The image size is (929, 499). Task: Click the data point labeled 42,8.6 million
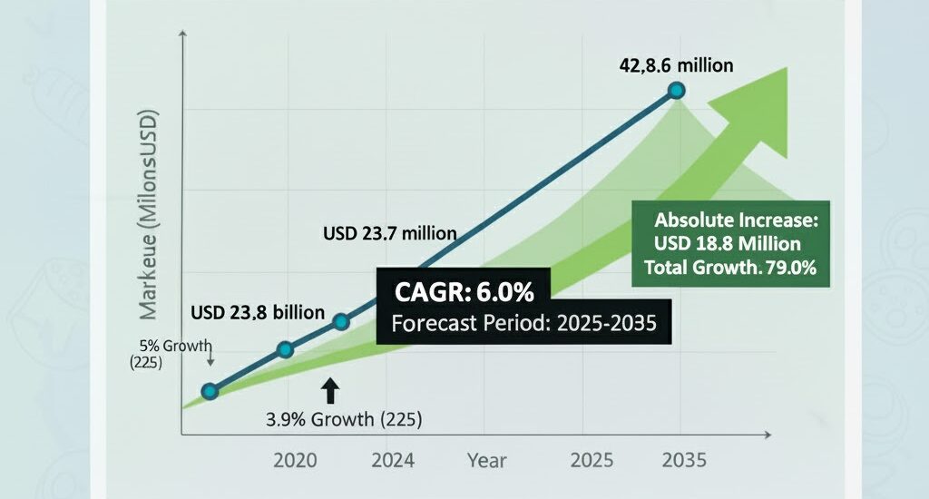[x=676, y=90]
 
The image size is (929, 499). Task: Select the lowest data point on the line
[x=210, y=391]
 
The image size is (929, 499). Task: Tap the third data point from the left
[x=341, y=321]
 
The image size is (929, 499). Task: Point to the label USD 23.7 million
[x=390, y=233]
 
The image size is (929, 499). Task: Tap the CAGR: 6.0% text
[x=463, y=292]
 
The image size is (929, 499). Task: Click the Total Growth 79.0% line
[x=730, y=268]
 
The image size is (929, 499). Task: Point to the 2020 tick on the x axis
[x=295, y=460]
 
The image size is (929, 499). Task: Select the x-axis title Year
[x=487, y=460]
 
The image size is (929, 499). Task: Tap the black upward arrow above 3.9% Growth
[x=330, y=390]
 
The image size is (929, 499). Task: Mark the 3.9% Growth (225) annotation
[x=344, y=419]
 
